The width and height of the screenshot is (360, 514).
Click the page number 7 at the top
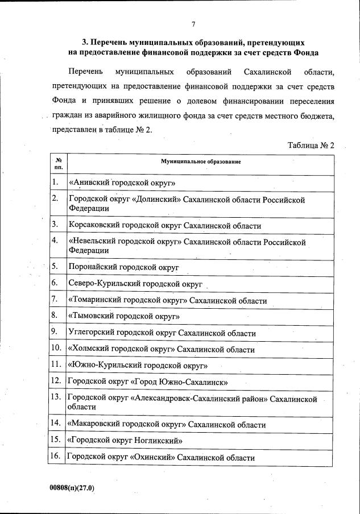(x=193, y=24)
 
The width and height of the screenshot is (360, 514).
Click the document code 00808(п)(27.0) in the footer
(x=71, y=488)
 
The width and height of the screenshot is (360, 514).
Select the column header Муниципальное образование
(x=201, y=162)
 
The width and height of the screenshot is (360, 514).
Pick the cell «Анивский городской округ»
(x=122, y=183)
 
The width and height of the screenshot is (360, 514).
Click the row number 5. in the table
(x=55, y=266)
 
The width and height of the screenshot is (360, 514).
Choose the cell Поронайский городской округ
(x=123, y=266)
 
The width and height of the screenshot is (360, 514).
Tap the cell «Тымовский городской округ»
(x=124, y=316)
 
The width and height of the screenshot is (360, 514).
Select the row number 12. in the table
(x=56, y=380)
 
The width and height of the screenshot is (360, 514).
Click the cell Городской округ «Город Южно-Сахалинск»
(x=147, y=382)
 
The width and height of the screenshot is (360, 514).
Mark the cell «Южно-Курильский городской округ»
(x=137, y=365)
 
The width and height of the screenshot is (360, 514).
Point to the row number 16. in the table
(x=56, y=456)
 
